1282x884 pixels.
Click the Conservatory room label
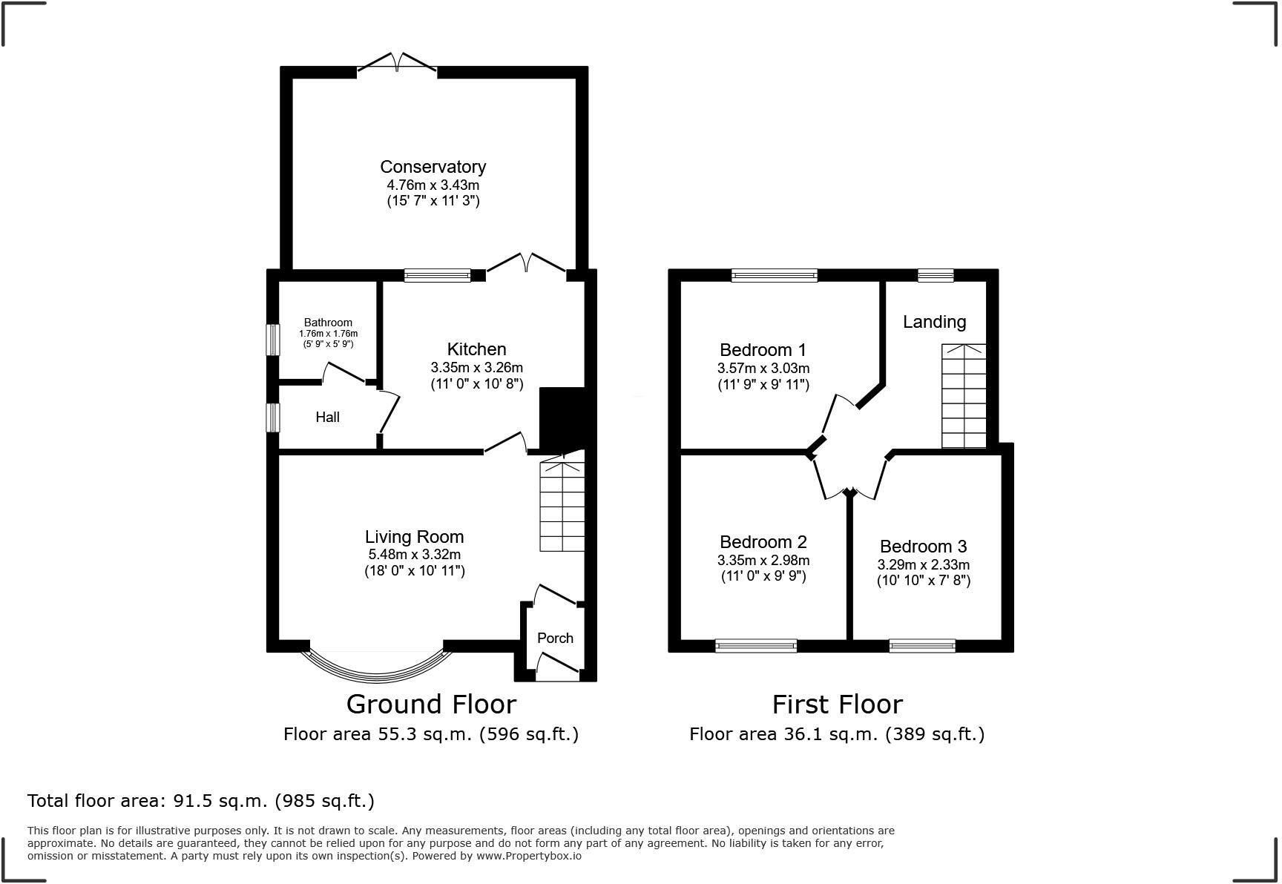433,167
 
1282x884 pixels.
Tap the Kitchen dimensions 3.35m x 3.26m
476,367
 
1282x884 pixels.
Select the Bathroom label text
328,323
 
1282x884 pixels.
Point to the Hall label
327,417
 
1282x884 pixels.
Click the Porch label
555,638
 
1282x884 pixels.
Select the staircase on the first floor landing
964,397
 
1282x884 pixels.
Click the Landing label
934,322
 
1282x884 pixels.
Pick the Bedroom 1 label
763,349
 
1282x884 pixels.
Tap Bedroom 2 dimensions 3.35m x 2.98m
763,560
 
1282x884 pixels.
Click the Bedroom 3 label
923,547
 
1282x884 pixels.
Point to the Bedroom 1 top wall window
774,276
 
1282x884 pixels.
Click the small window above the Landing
935,276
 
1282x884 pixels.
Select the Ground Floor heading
431,704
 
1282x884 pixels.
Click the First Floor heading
837,704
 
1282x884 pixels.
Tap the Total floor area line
200,801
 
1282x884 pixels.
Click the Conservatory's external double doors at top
396,65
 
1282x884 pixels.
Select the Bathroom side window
273,340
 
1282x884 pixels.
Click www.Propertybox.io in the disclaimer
529,856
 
